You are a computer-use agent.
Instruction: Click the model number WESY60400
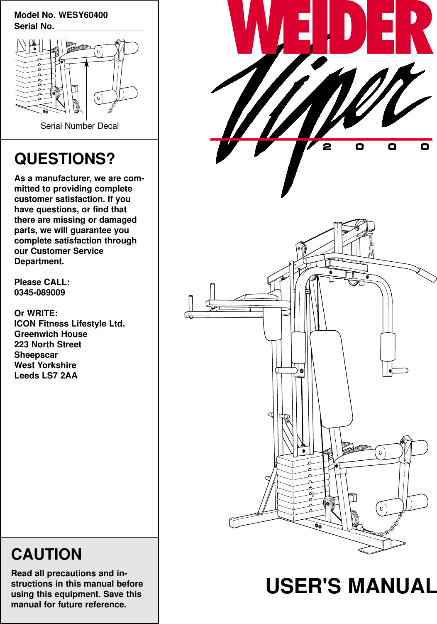pyautogui.click(x=83, y=15)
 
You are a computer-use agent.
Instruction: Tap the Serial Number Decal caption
pyautogui.click(x=80, y=126)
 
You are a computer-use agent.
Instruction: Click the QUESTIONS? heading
pyautogui.click(x=65, y=159)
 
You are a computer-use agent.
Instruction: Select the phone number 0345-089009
pyautogui.click(x=40, y=292)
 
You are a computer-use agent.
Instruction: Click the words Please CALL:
pyautogui.click(x=42, y=282)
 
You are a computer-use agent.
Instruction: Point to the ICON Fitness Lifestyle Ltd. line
pyautogui.click(x=69, y=324)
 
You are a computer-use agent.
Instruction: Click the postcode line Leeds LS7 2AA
pyautogui.click(x=46, y=376)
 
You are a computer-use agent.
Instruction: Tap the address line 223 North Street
pyautogui.click(x=48, y=344)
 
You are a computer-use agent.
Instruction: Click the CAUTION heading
pyautogui.click(x=46, y=554)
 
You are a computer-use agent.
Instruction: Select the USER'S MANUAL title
pyautogui.click(x=351, y=586)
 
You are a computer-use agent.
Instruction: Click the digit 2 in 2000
pyautogui.click(x=327, y=147)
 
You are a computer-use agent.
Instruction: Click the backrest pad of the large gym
pyautogui.click(x=331, y=378)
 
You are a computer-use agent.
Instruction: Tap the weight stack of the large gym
pyautogui.click(x=302, y=486)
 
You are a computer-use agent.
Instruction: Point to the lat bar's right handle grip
pyautogui.click(x=426, y=275)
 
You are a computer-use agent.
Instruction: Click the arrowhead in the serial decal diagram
pyautogui.click(x=87, y=63)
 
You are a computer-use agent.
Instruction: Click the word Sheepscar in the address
pyautogui.click(x=36, y=355)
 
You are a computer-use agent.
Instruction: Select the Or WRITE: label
pyautogui.click(x=36, y=313)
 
